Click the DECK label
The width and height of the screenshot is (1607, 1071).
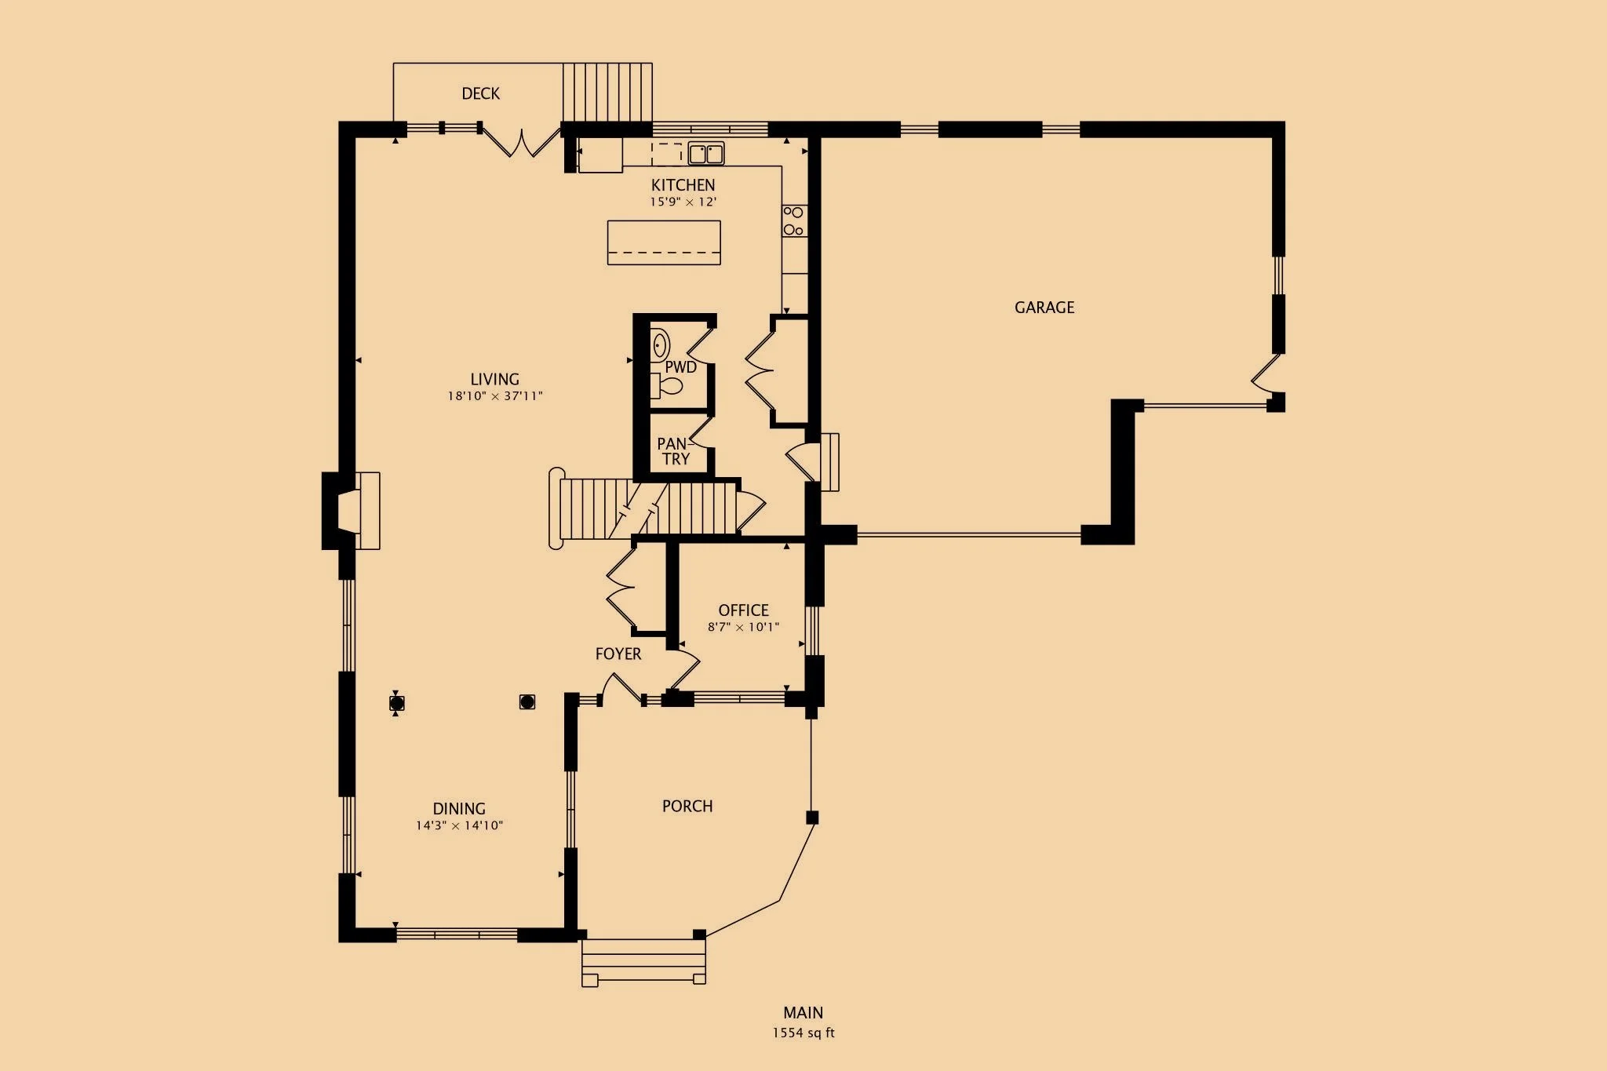[x=480, y=94]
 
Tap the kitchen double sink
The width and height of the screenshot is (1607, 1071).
[x=706, y=153]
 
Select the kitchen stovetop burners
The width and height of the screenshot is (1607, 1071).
[x=794, y=221]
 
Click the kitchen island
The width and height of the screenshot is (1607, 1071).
[x=664, y=242]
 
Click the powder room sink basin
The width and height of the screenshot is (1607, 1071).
[x=660, y=345]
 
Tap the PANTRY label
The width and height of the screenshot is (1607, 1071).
[x=675, y=452]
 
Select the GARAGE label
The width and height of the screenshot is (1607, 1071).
[x=1044, y=308]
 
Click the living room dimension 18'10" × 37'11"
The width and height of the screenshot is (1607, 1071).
[x=495, y=396]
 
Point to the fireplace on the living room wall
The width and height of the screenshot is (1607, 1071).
[x=352, y=511]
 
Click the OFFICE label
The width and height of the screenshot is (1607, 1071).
[x=743, y=610]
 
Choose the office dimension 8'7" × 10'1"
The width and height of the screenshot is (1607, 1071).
[x=743, y=627]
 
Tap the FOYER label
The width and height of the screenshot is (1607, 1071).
[x=618, y=654]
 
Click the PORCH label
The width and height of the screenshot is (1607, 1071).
[x=687, y=807]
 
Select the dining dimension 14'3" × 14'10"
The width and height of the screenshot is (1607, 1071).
[x=459, y=825]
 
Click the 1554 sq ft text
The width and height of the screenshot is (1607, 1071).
[x=803, y=1033]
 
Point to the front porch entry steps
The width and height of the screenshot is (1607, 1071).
[x=643, y=962]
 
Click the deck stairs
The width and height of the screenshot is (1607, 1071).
[x=607, y=93]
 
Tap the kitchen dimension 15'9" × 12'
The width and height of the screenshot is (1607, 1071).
[x=683, y=202]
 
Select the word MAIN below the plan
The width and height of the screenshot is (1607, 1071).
[x=803, y=1013]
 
